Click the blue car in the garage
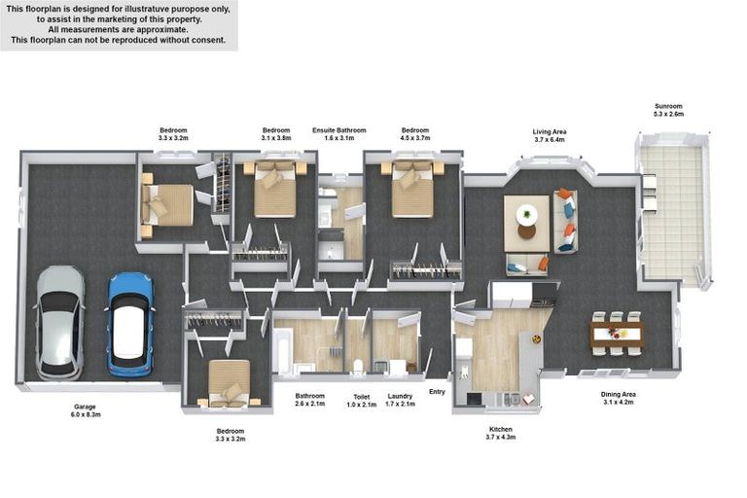click(x=129, y=324)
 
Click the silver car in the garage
click(x=60, y=323)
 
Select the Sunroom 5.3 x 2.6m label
click(x=669, y=109)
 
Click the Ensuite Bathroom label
click(x=338, y=129)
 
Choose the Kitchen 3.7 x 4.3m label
click(x=501, y=433)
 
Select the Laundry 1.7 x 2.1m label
click(x=400, y=400)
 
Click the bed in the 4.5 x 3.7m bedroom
click(x=413, y=191)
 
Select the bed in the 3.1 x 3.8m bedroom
click(x=275, y=191)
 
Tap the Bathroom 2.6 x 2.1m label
click(x=310, y=400)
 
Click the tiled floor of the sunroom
click(x=671, y=209)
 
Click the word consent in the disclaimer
click(x=207, y=41)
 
